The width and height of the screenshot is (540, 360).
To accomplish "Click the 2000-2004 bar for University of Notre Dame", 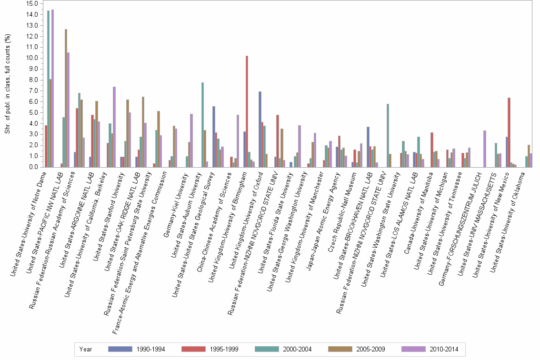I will [49, 89].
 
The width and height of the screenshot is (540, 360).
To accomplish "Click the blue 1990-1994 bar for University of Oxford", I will [260, 129].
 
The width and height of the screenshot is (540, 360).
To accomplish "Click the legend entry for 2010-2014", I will [430, 350].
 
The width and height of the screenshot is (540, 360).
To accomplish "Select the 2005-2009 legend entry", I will [357, 350].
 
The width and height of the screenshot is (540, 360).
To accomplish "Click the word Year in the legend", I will [86, 350].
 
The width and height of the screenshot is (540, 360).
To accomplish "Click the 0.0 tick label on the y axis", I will [32, 167].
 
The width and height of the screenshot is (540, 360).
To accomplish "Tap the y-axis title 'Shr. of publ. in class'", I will [7, 83].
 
